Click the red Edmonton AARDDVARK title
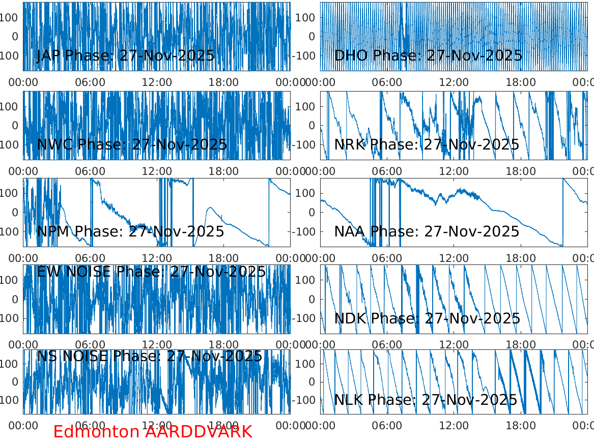pyautogui.click(x=153, y=432)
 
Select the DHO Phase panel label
pyautogui.click(x=428, y=55)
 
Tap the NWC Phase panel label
pyautogui.click(x=132, y=144)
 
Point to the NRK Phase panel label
pyautogui.click(x=427, y=144)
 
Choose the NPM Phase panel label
pyautogui.click(x=130, y=232)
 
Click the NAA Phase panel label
pyautogui.click(x=427, y=232)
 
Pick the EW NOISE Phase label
pyautogui.click(x=151, y=272)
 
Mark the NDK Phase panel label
pyautogui.click(x=427, y=319)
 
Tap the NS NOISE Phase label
pyautogui.click(x=150, y=356)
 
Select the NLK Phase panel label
pyautogui.click(x=426, y=400)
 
